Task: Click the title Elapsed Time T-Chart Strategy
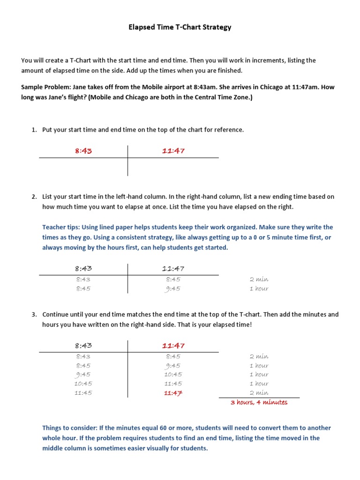pos(180,27)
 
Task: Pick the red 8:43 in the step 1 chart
pos(83,151)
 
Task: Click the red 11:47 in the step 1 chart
pos(173,151)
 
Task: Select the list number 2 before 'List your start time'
pos(34,197)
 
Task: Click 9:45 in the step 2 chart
pos(173,289)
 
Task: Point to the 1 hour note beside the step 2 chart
pos(259,289)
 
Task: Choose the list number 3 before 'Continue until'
pos(34,315)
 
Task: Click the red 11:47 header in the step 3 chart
pos(173,346)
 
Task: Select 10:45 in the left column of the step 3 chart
pos(83,384)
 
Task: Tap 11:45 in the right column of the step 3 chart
pos(173,384)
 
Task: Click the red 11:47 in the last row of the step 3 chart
pos(173,393)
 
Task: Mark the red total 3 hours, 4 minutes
pos(259,403)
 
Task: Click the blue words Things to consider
pos(69,428)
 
